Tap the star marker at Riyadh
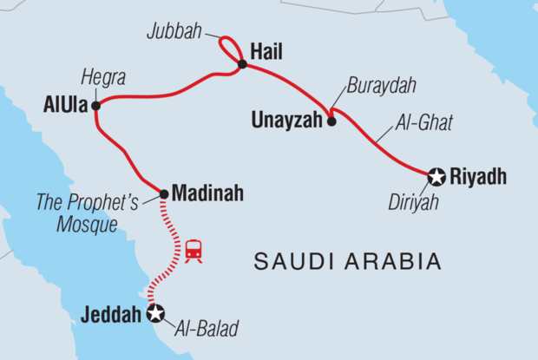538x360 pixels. (436, 178)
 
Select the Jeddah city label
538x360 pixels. (110, 315)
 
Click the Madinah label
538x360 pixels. (207, 192)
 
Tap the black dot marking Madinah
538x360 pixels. (164, 192)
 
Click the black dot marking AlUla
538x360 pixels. (95, 107)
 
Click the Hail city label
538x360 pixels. (266, 52)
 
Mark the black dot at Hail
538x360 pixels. (241, 61)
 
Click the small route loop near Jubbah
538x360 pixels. (229, 46)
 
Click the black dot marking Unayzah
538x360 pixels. (331, 122)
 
